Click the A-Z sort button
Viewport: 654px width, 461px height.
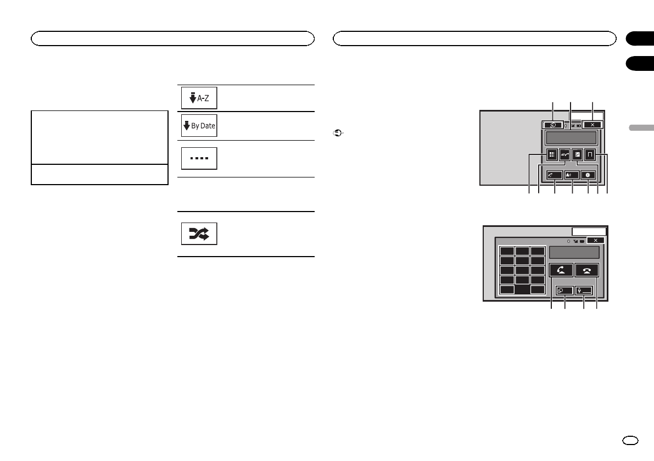coord(199,98)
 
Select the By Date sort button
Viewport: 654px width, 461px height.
coord(199,126)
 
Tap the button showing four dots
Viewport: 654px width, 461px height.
coord(199,158)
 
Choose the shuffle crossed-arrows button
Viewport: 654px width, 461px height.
coord(199,234)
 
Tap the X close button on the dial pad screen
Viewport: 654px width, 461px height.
coord(595,240)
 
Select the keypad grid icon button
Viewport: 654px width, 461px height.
coord(552,155)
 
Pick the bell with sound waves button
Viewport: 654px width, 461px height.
coord(572,174)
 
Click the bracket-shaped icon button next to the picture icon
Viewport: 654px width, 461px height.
coord(590,155)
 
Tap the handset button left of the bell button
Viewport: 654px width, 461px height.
coord(553,174)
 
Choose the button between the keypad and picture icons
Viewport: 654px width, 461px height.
coord(564,155)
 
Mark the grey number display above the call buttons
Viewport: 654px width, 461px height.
coord(574,252)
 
